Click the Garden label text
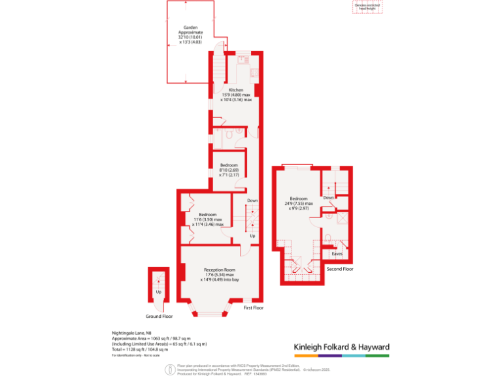point(191,27)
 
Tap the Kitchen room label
point(236,89)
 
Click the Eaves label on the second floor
point(337,253)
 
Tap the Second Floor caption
point(340,268)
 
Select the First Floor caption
point(253,307)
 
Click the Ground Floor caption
point(159,316)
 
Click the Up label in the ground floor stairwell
point(158,292)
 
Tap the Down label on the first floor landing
point(252,200)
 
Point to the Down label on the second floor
point(329,197)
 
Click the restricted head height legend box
point(368,7)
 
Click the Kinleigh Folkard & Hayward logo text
point(341,347)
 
